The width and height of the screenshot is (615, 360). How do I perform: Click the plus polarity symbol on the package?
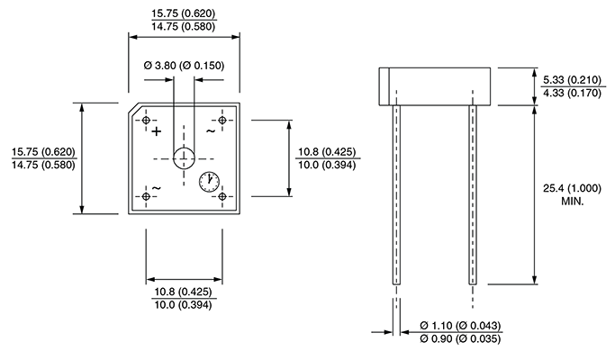156,131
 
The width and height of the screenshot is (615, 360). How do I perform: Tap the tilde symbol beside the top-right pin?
211,131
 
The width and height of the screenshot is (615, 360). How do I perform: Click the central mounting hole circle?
185,157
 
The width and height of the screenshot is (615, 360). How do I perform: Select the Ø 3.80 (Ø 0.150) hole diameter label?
184,67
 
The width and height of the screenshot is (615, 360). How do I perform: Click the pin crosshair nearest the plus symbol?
146,119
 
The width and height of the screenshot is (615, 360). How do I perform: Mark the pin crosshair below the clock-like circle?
222,196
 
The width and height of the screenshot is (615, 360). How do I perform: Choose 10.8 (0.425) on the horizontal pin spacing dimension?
184,292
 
